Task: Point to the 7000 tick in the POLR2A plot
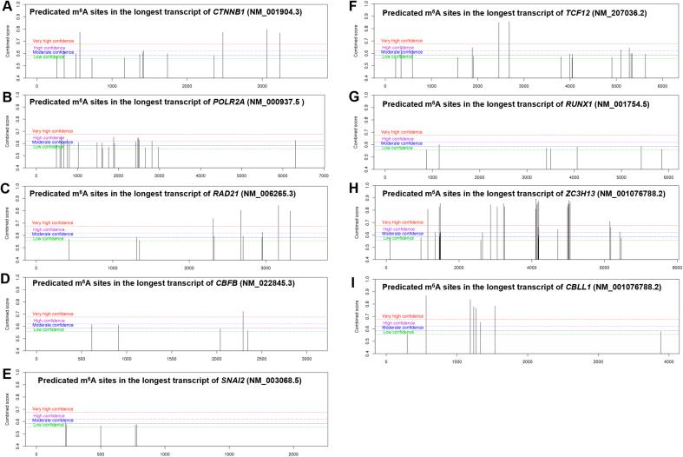point(323,176)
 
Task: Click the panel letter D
point(6,281)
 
